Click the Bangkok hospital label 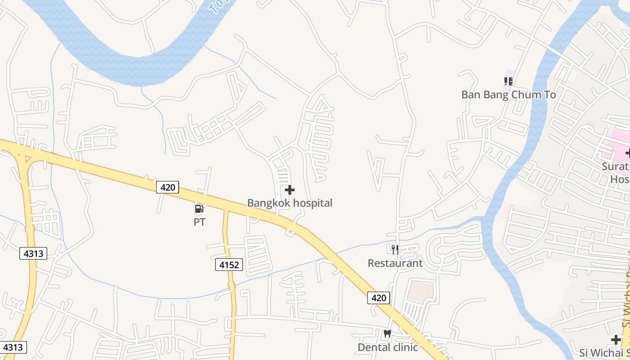pos(290,203)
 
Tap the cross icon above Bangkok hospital pos(290,190)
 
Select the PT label pos(199,222)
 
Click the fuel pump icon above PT pos(199,209)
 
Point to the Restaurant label pos(395,263)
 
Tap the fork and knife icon pos(395,249)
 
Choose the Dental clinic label pos(387,347)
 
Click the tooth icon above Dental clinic pos(387,334)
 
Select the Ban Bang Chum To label pos(508,95)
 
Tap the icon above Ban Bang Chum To pos(508,81)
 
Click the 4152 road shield pos(229,265)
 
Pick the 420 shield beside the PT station pos(167,187)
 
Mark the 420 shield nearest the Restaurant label pos(378,297)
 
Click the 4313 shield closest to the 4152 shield pos(34,253)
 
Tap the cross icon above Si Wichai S pos(616,340)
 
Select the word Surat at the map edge pos(615,166)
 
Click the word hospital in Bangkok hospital pos(311,203)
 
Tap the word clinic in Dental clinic pos(405,347)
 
